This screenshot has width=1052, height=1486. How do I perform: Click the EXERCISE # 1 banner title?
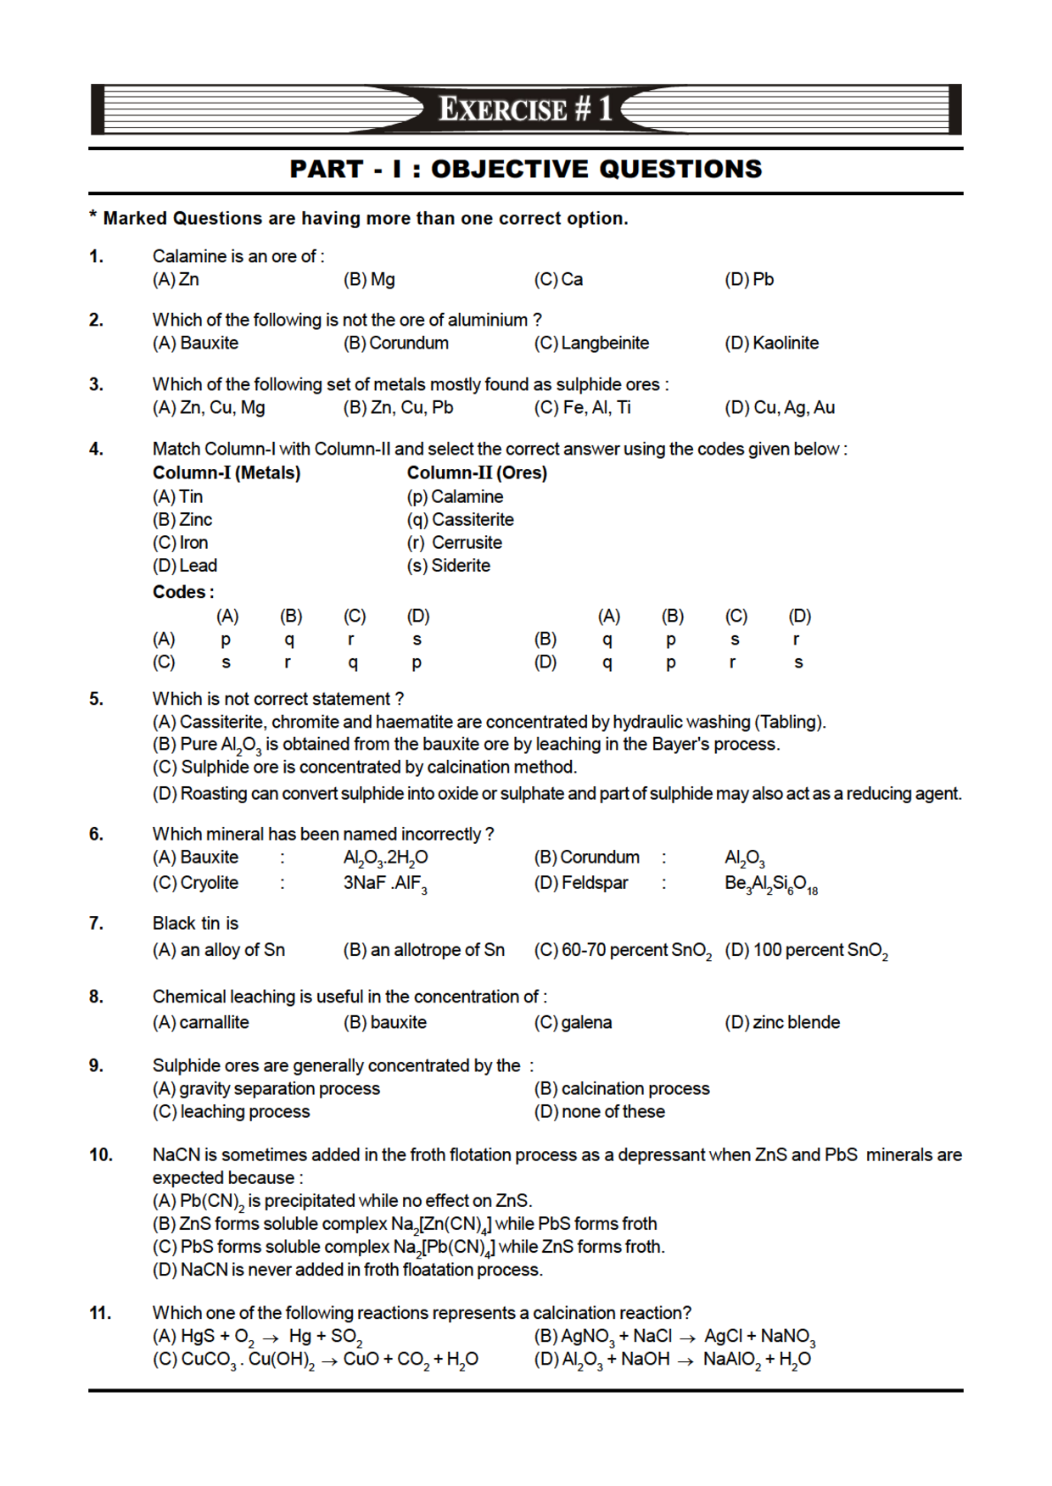point(525,109)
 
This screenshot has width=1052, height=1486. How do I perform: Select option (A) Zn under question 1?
point(176,280)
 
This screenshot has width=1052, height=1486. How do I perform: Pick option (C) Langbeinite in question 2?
point(591,344)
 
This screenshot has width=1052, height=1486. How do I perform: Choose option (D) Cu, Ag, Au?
point(779,408)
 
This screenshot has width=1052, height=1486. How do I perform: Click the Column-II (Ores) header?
point(477,473)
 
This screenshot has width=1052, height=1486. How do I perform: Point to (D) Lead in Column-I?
point(185,566)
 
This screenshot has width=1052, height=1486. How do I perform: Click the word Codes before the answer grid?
point(182,592)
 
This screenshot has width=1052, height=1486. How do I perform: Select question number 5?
point(97,699)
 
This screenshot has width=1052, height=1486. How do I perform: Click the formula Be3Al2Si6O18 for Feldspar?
point(770,884)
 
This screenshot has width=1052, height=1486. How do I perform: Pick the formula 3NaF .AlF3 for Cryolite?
point(384,884)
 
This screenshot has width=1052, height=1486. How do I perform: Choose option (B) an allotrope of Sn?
point(423,951)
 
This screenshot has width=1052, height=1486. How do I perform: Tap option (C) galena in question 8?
point(573,1023)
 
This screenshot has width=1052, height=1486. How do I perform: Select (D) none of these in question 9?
point(599,1112)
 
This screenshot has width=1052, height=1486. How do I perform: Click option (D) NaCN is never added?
point(347,1271)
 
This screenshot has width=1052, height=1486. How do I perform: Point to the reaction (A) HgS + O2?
point(257,1337)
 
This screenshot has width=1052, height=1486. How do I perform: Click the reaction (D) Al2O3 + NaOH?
point(672,1360)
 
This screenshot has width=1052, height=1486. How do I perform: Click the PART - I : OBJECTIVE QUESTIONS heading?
point(525,170)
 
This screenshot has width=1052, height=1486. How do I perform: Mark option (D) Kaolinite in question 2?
point(771,344)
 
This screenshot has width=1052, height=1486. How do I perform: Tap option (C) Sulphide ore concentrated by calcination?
point(365,768)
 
